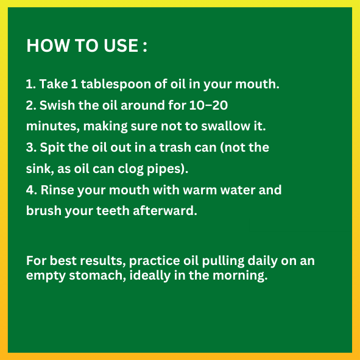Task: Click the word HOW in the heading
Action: [x=48, y=45]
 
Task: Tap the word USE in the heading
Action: [x=121, y=45]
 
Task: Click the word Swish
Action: [x=57, y=105]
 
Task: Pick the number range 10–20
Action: [x=208, y=105]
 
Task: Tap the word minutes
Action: [x=53, y=126]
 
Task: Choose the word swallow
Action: [x=226, y=126]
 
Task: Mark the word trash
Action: [x=175, y=147]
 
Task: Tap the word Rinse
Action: [x=57, y=190]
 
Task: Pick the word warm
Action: [x=200, y=190]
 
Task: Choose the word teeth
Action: [x=113, y=211]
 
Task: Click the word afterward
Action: [x=165, y=211]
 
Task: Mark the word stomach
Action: [x=97, y=275]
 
